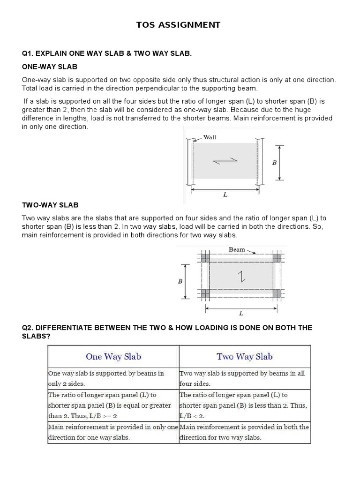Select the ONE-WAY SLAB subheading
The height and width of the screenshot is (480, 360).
point(50,67)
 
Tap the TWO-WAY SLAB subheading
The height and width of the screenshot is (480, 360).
point(50,205)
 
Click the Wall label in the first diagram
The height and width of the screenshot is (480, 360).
point(210,137)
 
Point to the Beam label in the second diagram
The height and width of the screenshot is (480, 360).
point(237,249)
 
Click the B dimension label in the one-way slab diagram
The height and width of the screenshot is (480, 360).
point(274,163)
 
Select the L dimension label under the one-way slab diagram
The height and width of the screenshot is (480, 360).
point(225,195)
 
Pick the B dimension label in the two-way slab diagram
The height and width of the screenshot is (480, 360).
point(180,281)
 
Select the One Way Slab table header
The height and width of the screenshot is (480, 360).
point(113,357)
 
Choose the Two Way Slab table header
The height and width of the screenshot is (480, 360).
point(245,357)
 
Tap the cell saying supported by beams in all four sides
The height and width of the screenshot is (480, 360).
point(242,378)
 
